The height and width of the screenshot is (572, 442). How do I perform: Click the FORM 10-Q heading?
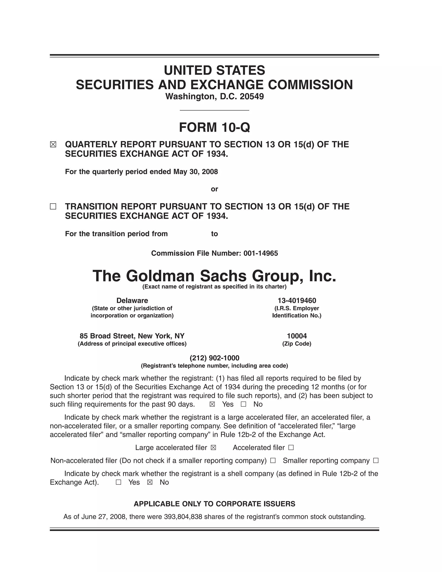[215, 128]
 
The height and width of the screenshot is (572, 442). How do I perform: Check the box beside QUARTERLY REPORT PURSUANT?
[53, 145]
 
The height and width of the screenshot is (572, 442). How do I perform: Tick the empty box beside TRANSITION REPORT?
[53, 207]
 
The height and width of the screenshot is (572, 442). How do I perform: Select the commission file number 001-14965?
[260, 253]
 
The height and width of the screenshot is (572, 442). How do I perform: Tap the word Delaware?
[132, 300]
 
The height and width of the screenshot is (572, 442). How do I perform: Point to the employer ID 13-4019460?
[297, 300]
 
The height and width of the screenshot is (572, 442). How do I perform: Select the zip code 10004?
[297, 336]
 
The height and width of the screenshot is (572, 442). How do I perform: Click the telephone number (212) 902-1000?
[215, 358]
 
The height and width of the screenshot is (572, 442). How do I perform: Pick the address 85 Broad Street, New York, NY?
[132, 336]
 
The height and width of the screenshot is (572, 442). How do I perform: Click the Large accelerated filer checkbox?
[213, 448]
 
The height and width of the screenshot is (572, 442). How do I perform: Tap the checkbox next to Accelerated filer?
[291, 448]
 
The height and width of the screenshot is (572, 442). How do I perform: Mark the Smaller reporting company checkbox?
[376, 461]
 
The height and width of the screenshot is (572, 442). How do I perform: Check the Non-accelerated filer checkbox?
[273, 461]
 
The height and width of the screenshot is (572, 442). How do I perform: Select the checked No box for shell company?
[150, 482]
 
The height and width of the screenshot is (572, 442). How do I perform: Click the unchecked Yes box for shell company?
[118, 482]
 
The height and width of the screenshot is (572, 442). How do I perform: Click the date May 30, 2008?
[196, 172]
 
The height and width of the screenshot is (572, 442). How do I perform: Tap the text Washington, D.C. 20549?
[215, 97]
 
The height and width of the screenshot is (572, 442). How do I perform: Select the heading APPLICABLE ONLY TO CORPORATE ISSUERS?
[215, 504]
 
